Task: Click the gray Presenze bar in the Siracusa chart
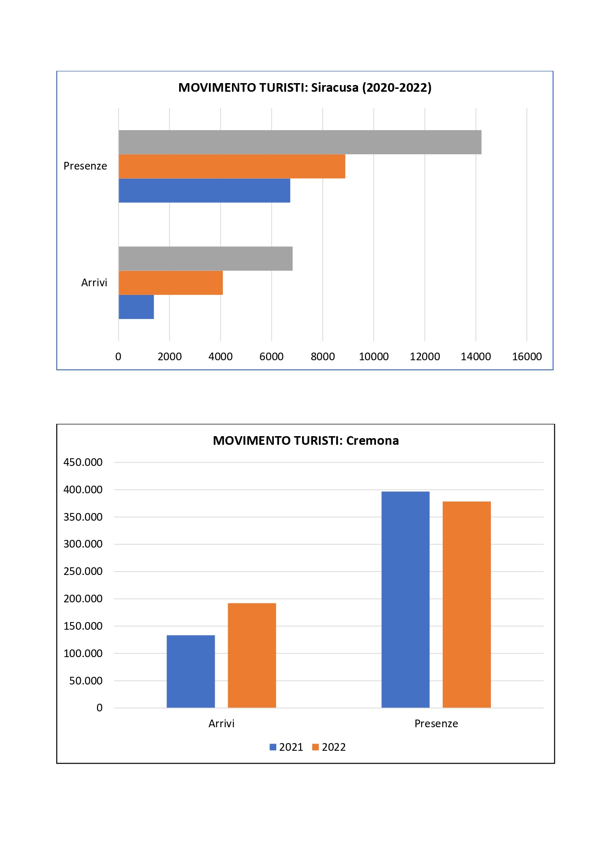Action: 300,142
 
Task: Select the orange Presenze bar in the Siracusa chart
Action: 232,166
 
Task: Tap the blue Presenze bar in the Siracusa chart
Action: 204,190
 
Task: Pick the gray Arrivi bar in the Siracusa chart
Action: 206,258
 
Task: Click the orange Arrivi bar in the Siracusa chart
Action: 170,282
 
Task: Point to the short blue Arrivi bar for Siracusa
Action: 136,306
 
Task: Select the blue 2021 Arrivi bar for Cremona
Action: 191,671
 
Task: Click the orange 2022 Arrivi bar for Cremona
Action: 252,655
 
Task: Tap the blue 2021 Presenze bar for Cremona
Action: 405,599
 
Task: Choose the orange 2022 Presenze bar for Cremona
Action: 466,604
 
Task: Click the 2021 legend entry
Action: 286,747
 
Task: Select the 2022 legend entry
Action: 329,747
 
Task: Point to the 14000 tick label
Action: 475,356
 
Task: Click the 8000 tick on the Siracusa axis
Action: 323,356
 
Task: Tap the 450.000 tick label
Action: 83,462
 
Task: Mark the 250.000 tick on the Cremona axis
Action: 83,571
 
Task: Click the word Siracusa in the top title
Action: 335,87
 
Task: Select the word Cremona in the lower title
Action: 372,440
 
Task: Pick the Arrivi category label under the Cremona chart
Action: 221,723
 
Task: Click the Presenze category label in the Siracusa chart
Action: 85,166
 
